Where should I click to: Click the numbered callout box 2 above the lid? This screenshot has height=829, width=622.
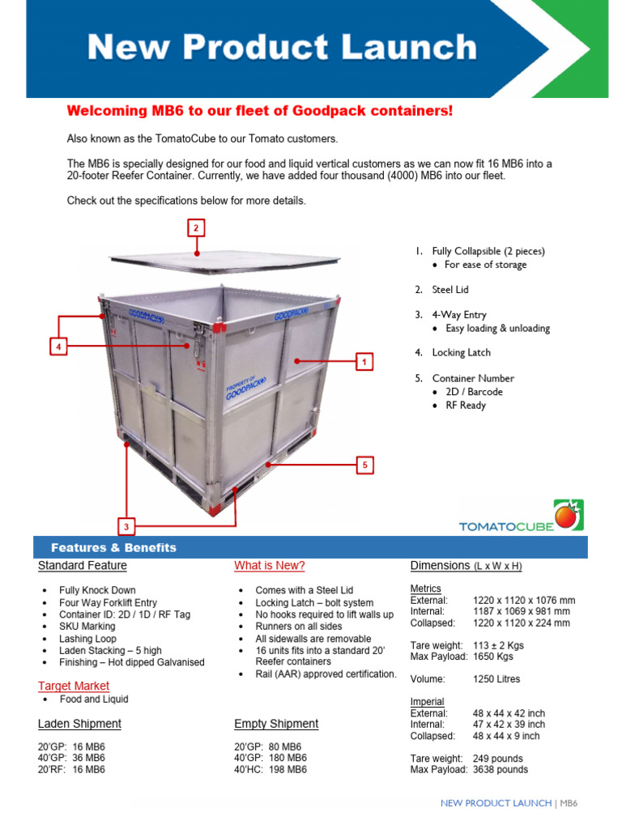point(195,228)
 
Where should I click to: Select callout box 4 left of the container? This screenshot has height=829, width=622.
point(58,346)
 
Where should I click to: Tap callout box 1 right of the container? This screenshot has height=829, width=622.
point(365,362)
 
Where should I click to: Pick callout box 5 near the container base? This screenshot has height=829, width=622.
point(365,465)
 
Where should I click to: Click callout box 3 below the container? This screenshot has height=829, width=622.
point(126,527)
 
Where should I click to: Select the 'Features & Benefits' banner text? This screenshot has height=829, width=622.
point(113,547)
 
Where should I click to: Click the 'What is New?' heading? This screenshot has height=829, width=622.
point(270,565)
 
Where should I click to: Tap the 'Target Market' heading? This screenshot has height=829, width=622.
point(74,686)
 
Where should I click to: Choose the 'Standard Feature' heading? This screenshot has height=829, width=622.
point(83,565)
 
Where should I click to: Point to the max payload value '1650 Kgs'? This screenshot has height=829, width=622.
point(493,657)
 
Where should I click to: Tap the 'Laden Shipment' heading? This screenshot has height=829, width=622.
point(79,723)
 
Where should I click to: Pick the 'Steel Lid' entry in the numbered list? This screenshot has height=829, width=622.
point(450,289)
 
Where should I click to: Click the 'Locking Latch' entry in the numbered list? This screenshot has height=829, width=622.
point(462,352)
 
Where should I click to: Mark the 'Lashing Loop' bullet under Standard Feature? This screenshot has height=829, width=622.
point(87,639)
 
